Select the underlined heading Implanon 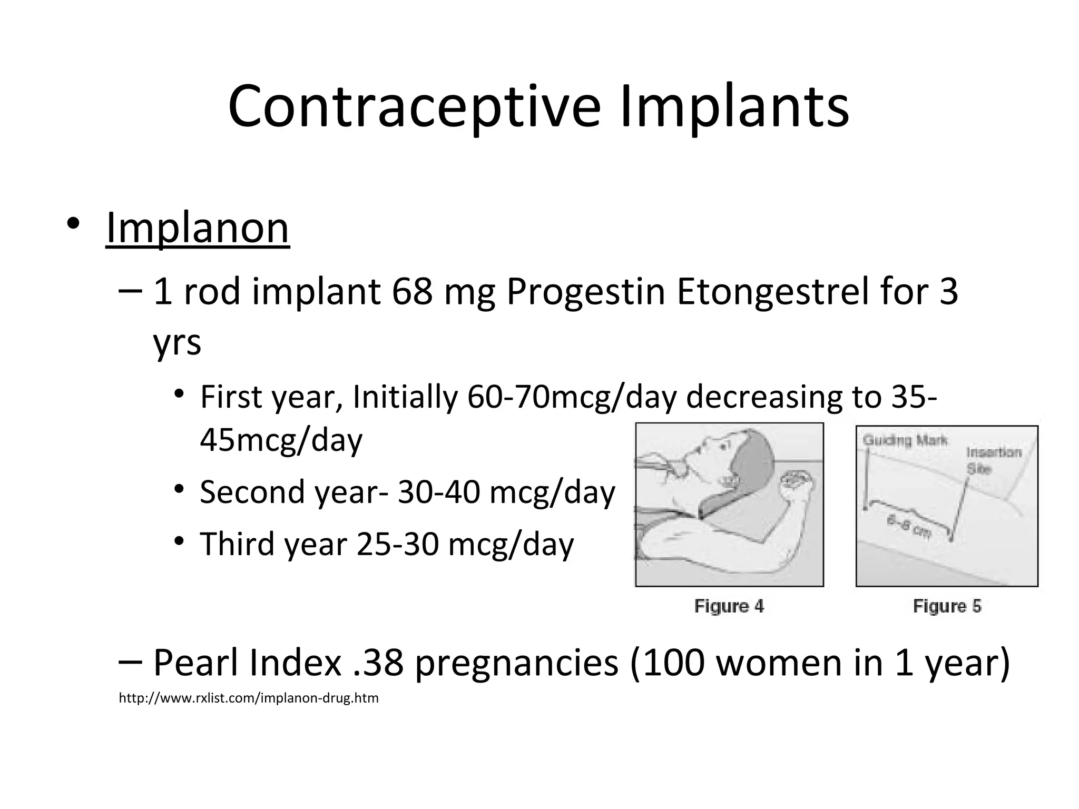click(197, 228)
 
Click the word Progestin click(585, 293)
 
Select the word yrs click(177, 343)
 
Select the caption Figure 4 click(729, 606)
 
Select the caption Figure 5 click(947, 606)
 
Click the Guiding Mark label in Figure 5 click(905, 440)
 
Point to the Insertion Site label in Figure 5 click(993, 460)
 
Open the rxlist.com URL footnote click(249, 698)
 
